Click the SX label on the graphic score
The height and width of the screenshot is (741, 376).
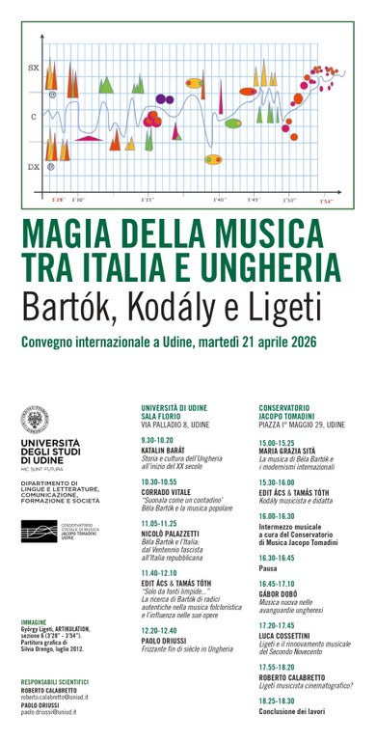point(33,69)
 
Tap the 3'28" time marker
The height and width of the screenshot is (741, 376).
point(58,200)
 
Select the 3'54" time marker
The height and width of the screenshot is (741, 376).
point(327,201)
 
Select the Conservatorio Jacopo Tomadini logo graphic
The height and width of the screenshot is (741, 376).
point(43,531)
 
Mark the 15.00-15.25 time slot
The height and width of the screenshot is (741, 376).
point(279,442)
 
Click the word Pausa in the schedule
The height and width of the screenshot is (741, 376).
point(269,568)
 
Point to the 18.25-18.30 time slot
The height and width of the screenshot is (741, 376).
point(279,700)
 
